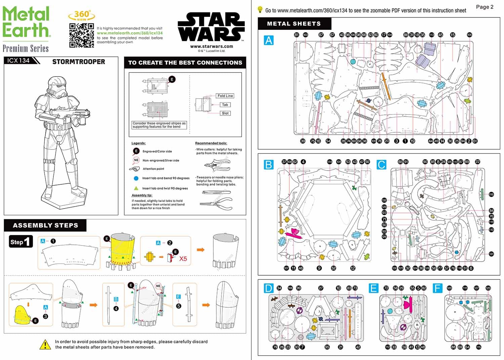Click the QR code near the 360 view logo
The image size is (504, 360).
[82, 36]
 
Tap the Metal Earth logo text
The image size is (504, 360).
[27, 22]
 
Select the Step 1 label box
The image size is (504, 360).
[21, 242]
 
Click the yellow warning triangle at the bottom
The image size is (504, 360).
[45, 345]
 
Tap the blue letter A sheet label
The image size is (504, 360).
[269, 40]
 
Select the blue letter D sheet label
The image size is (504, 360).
[268, 288]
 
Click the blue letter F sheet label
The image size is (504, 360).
[437, 288]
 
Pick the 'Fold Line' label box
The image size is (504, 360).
[225, 96]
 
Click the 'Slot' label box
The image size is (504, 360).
[225, 113]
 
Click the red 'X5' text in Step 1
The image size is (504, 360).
[183, 259]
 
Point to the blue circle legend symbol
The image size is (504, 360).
[136, 178]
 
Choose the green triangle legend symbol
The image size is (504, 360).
[136, 188]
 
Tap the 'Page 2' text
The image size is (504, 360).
[485, 7]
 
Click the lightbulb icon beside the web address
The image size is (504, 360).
[260, 10]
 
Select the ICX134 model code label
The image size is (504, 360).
[19, 60]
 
